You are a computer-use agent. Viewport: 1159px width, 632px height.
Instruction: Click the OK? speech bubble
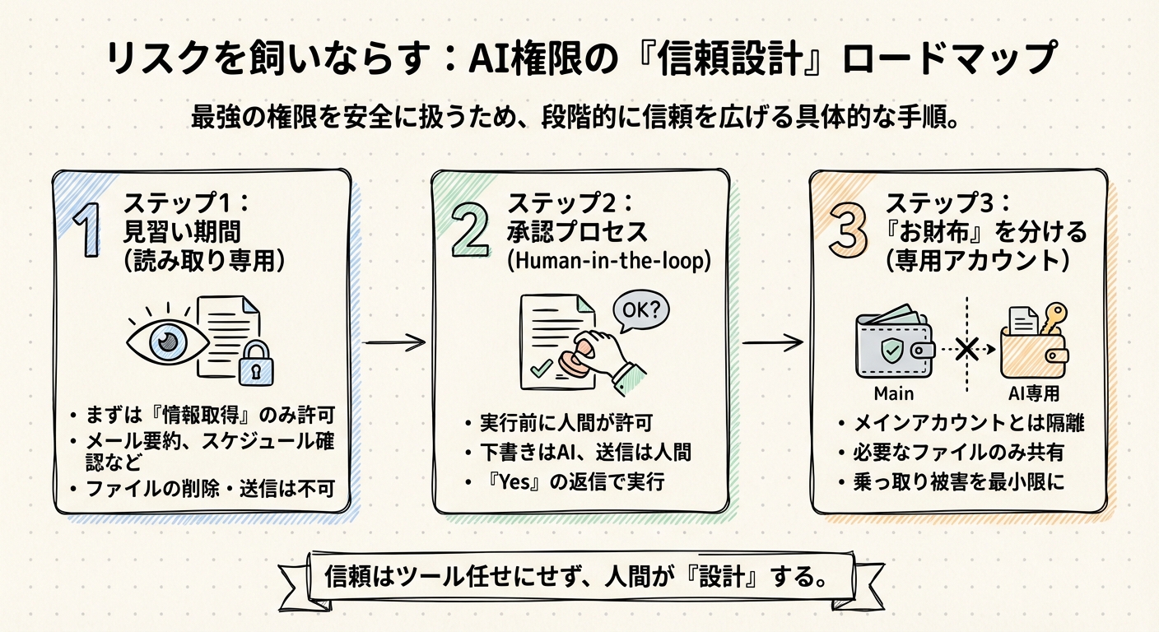click(640, 312)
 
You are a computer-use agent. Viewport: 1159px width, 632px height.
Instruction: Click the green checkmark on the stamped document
click(541, 369)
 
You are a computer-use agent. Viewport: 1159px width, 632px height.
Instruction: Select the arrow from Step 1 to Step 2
click(394, 341)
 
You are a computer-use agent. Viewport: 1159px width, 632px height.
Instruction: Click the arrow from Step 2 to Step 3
click(771, 340)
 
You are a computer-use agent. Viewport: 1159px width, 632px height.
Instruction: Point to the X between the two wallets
click(967, 349)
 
